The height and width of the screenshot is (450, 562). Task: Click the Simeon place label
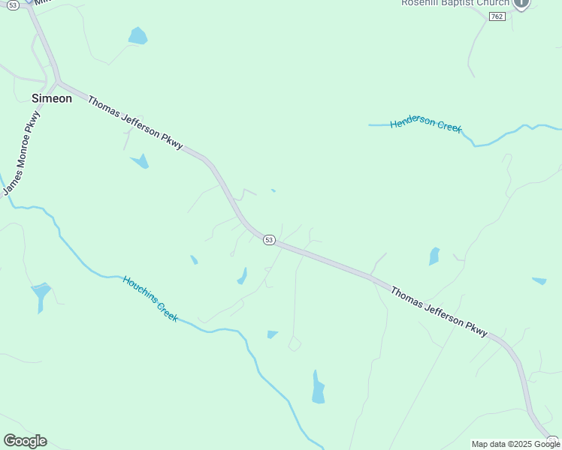click(52, 98)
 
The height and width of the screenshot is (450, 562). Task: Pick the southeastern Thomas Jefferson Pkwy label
click(439, 310)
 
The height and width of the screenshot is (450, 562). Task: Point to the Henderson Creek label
click(426, 124)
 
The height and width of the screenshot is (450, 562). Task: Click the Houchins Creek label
click(150, 298)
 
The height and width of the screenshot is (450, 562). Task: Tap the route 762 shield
click(497, 16)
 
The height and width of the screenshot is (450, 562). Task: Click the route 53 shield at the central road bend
click(270, 239)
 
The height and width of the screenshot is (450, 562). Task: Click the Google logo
click(25, 441)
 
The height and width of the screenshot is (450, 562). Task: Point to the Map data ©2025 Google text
click(515, 444)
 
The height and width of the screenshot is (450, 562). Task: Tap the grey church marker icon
click(521, 4)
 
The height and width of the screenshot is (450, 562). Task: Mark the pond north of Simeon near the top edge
click(137, 35)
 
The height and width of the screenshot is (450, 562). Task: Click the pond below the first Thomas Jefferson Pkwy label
click(140, 160)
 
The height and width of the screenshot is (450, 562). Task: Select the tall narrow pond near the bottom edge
click(318, 387)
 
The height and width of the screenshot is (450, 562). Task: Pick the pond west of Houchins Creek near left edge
click(41, 293)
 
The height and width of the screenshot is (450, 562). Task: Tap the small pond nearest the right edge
click(539, 281)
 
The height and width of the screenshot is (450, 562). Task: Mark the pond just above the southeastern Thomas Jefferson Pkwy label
click(434, 256)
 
